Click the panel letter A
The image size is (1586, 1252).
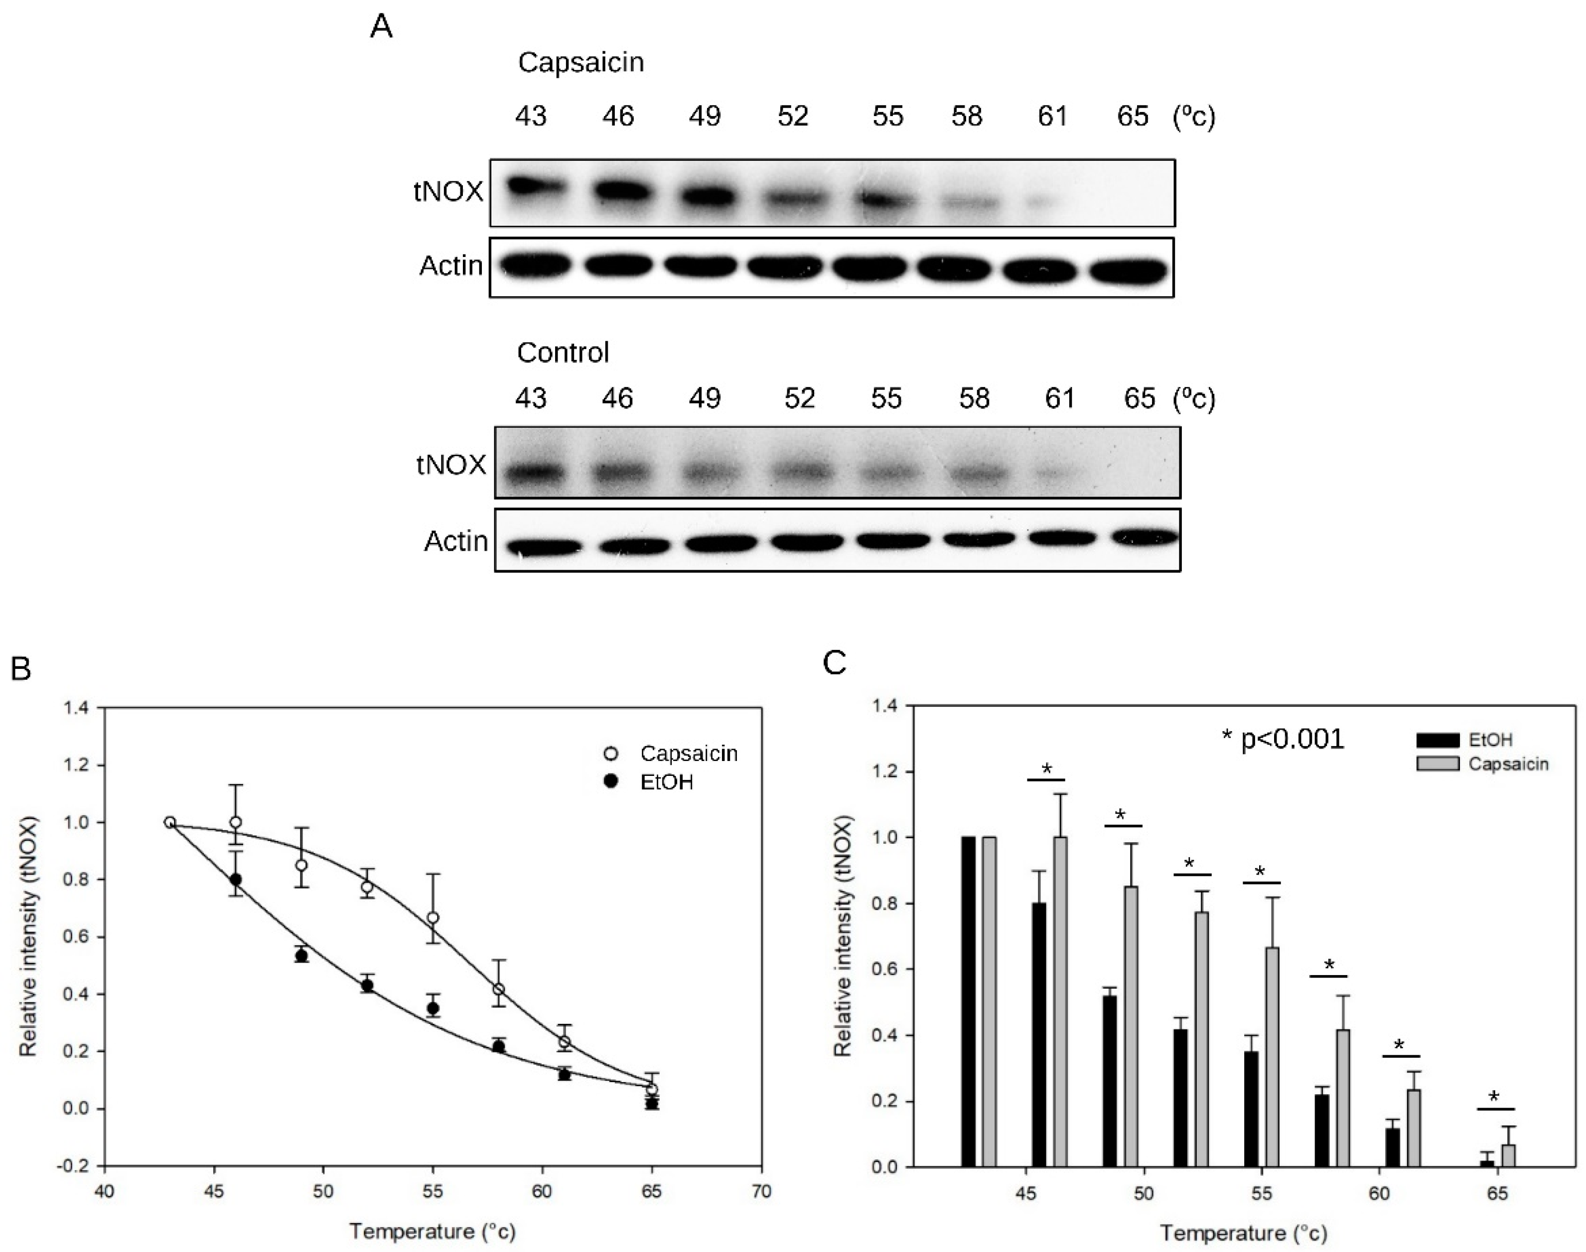(x=381, y=28)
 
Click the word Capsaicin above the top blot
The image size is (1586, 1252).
(x=580, y=62)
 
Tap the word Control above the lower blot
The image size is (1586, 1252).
(x=563, y=353)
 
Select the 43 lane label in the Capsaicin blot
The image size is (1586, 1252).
(x=530, y=116)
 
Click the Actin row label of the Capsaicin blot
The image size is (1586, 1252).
(x=450, y=265)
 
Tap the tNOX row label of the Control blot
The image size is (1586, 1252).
(x=451, y=465)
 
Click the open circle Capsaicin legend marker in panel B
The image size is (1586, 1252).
(x=609, y=753)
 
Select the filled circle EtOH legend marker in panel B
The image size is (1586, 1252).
(x=609, y=782)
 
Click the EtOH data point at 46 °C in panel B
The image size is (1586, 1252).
(x=235, y=879)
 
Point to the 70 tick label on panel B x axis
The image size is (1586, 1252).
(x=761, y=1192)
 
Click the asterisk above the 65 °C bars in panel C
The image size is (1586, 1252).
(x=1494, y=1097)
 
